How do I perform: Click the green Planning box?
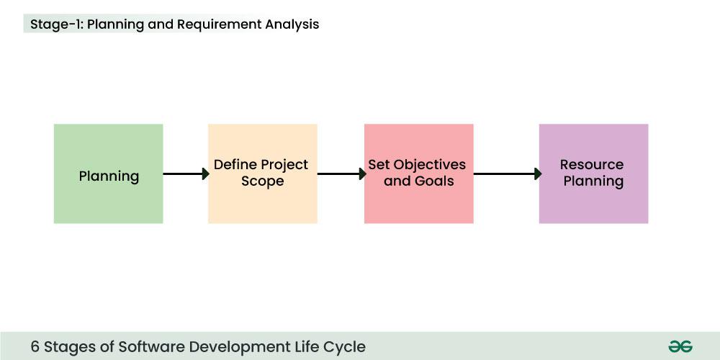pos(108,174)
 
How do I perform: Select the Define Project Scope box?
pos(262,174)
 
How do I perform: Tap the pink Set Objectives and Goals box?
pos(418,174)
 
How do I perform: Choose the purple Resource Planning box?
pos(593,174)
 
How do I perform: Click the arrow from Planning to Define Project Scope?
pos(186,174)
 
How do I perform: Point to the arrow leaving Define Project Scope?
pos(341,174)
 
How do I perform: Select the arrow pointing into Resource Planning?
pos(507,174)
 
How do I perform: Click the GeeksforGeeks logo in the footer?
pos(680,346)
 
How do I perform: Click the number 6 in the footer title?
pos(35,346)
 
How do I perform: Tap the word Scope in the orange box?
pos(262,181)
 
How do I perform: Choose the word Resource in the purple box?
pos(592,165)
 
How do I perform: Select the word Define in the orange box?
pos(235,165)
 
